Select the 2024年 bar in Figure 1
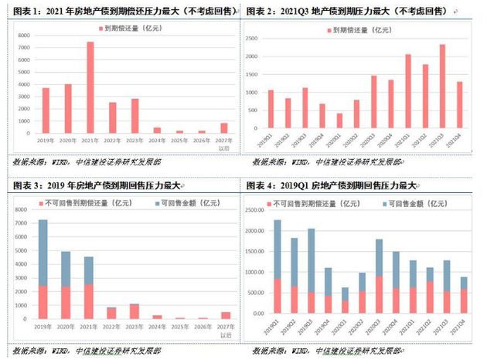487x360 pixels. pyautogui.click(x=158, y=130)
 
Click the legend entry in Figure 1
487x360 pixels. pyautogui.click(x=128, y=28)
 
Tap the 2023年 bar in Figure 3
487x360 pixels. pyautogui.click(x=135, y=311)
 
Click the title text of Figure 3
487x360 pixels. pyautogui.click(x=97, y=185)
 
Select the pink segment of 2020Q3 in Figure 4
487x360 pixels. pyautogui.click(x=380, y=294)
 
